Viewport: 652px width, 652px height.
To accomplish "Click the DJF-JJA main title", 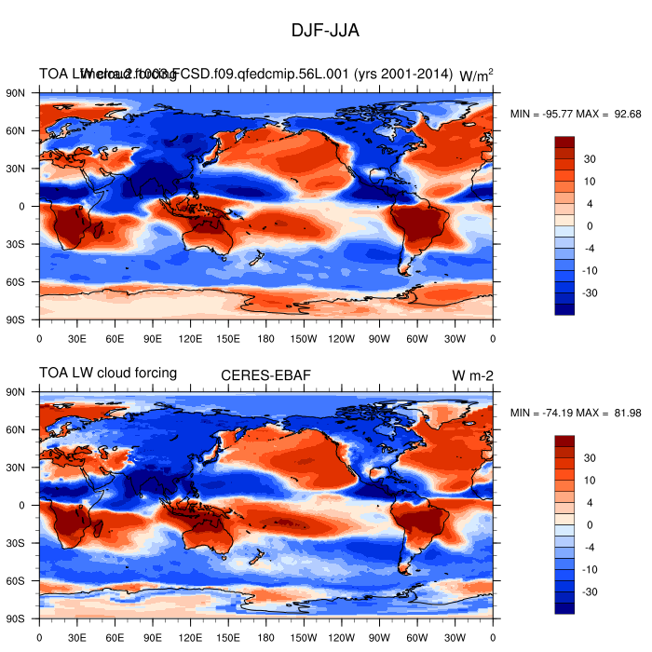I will [x=325, y=31].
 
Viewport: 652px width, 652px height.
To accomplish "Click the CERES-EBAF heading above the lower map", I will [x=265, y=374].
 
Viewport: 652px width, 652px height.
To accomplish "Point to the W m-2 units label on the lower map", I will [x=472, y=374].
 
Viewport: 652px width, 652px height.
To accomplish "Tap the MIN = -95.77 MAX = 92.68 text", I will [x=576, y=115].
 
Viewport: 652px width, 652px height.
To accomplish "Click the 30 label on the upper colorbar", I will [x=590, y=159].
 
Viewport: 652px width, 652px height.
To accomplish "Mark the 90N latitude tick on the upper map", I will [x=17, y=93].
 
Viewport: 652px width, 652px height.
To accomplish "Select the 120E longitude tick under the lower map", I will [x=191, y=637].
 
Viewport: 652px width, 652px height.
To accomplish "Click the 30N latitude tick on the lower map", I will [x=17, y=468].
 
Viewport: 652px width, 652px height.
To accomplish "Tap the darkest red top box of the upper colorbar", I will [x=564, y=142].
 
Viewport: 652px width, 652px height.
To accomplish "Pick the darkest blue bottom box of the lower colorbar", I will [x=564, y=608].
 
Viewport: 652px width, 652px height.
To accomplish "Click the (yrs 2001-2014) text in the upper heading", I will [x=408, y=74].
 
